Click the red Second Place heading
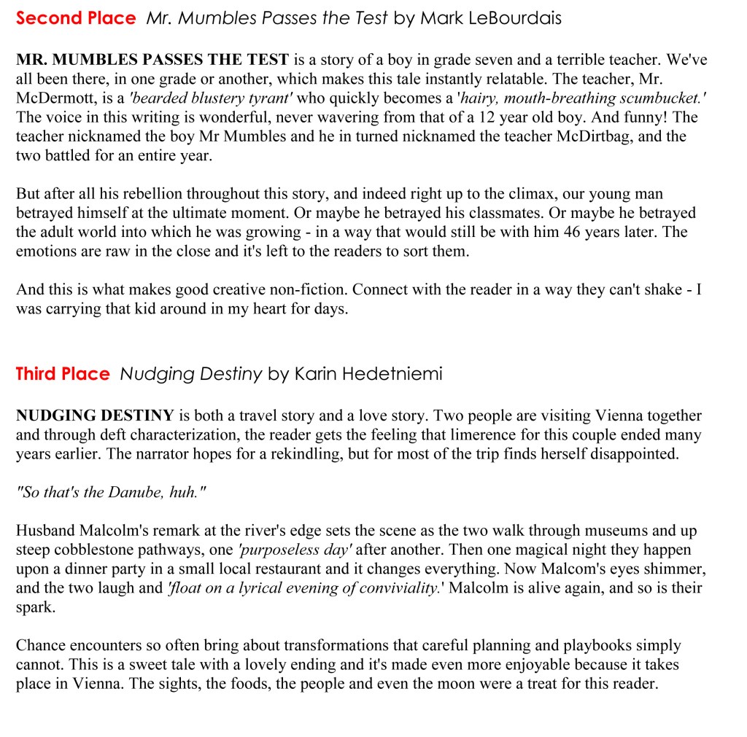tap(76, 18)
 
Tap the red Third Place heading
tap(63, 374)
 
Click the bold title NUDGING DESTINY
tap(95, 416)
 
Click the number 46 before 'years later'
tap(559, 232)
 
